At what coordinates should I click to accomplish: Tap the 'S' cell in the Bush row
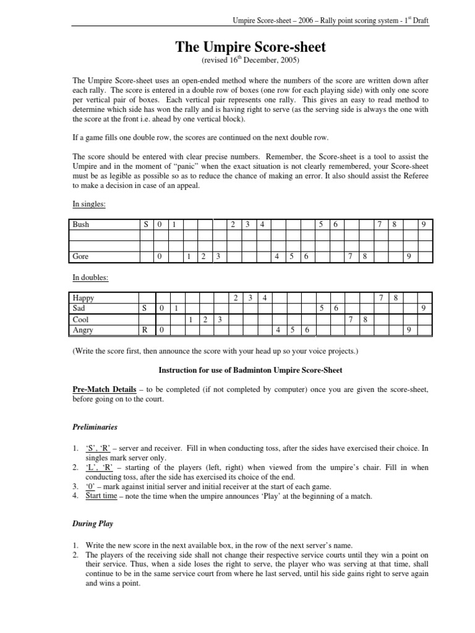(x=146, y=225)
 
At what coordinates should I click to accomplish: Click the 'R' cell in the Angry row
(x=145, y=331)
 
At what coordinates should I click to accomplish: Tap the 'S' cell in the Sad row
(x=145, y=308)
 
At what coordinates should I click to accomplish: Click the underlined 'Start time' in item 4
(x=101, y=496)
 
